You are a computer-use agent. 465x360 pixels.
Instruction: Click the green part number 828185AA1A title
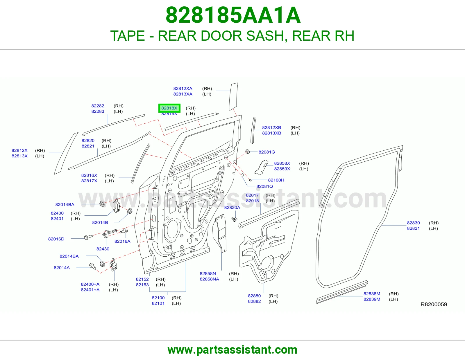(233, 15)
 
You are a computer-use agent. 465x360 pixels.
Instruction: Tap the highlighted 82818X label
(169, 108)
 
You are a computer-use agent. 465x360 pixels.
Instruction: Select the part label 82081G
(267, 152)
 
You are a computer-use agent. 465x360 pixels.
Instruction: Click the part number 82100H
(276, 180)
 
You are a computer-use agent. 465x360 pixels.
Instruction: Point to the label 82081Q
(265, 186)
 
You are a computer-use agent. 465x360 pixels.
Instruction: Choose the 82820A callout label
(232, 208)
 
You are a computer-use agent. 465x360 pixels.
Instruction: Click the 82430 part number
(103, 249)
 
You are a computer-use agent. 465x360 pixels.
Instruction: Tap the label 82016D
(56, 239)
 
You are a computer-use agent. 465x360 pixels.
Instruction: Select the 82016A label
(122, 241)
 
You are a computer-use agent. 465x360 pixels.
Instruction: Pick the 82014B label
(100, 223)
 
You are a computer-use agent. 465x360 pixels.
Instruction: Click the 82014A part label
(62, 268)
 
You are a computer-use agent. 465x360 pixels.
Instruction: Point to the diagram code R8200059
(434, 304)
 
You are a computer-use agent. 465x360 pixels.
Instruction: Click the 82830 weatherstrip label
(413, 223)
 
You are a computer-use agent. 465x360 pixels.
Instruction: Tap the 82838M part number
(372, 294)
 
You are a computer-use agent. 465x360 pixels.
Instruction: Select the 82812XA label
(183, 89)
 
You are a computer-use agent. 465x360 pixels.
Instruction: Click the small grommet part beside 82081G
(247, 152)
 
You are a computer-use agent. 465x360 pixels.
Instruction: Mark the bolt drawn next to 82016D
(88, 237)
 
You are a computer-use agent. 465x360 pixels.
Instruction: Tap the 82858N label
(208, 274)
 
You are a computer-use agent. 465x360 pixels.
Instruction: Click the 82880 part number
(254, 296)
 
